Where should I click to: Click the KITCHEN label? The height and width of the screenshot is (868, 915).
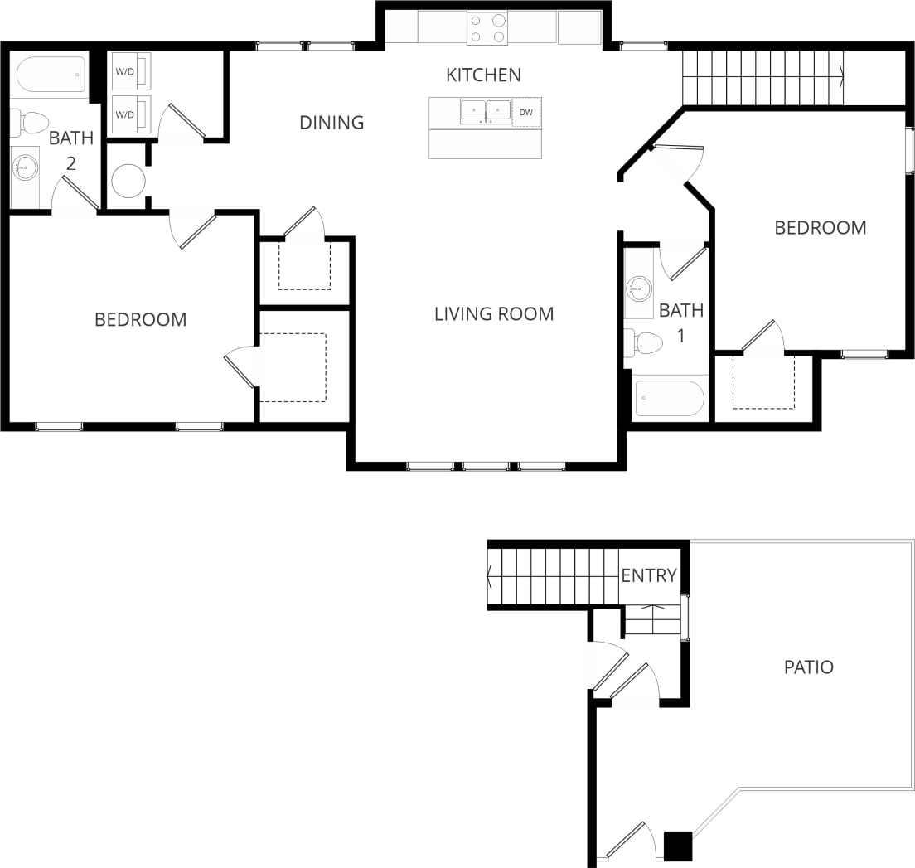483,75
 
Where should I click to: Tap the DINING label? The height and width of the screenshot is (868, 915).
332,123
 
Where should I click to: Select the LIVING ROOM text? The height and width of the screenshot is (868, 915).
494,313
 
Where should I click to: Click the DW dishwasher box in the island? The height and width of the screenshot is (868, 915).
526,112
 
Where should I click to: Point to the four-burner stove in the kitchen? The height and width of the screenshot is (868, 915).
487,28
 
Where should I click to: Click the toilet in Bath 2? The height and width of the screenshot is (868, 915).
30,124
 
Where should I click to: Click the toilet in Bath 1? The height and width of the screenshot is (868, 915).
644,342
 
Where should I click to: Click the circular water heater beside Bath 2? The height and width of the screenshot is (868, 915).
128,181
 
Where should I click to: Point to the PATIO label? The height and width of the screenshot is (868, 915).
808,667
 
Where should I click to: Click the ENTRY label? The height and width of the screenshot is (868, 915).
649,575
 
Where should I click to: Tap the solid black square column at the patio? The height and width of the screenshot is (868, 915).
679,846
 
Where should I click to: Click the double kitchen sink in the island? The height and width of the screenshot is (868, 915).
485,111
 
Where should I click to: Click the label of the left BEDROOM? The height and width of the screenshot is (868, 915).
140,319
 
